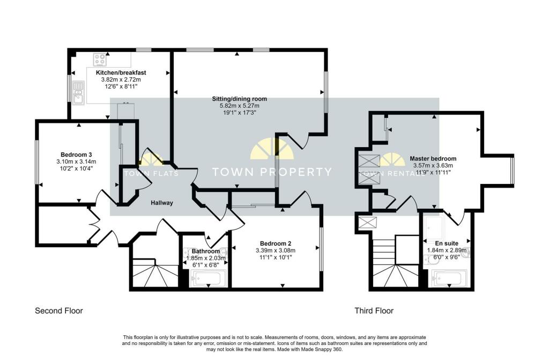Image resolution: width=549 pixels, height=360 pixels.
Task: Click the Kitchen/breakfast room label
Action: (121, 73)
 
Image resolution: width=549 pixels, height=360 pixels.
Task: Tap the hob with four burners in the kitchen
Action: (100, 60)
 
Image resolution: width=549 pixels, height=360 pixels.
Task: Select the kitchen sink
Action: (78, 92)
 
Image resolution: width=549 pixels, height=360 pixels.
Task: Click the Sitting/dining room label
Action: (240, 99)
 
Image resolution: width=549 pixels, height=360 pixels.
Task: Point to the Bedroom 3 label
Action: (76, 155)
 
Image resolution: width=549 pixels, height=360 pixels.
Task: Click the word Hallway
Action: (162, 203)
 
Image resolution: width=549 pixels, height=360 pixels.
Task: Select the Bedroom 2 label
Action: (276, 244)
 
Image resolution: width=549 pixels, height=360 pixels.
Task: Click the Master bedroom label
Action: (433, 158)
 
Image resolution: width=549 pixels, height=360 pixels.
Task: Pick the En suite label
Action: (447, 243)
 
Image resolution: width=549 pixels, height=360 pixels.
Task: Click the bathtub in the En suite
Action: (450, 278)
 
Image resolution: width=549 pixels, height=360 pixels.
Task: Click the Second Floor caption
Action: (59, 311)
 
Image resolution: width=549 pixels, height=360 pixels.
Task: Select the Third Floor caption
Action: (374, 311)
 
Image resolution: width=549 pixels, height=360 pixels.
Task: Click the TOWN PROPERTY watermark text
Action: (272, 172)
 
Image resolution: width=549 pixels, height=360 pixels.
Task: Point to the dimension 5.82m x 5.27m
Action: (240, 106)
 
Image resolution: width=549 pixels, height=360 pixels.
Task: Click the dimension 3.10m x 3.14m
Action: (76, 161)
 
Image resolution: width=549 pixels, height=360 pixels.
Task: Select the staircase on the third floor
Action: (396, 263)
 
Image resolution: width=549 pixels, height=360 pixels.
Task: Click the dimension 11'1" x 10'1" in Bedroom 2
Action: (276, 258)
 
